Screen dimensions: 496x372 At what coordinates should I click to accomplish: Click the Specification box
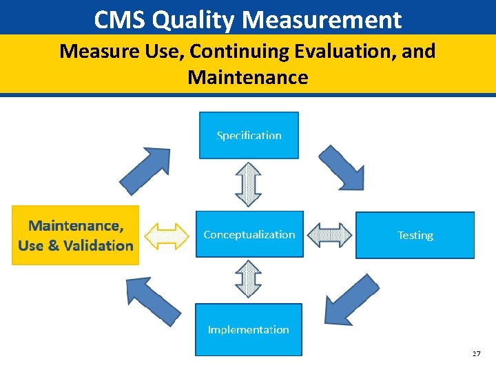(x=249, y=135)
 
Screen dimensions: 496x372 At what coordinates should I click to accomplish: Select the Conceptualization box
(x=249, y=234)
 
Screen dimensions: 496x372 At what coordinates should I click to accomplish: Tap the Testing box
(x=415, y=235)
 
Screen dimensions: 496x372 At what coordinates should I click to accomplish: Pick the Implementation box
(x=248, y=329)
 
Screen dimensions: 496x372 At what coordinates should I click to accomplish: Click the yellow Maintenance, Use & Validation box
(x=75, y=235)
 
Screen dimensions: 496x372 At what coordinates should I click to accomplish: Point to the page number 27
(x=477, y=353)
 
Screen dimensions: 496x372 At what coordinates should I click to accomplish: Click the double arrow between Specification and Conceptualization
(x=248, y=184)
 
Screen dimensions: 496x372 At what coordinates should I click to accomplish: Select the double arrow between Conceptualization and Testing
(x=329, y=235)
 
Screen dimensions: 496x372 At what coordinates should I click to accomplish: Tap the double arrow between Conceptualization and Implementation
(x=248, y=279)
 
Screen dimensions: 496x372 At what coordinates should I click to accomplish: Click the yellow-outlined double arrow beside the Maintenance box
(x=167, y=236)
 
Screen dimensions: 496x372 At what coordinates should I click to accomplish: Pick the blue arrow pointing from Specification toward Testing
(x=342, y=167)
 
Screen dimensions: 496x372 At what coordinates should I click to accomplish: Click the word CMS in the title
(x=119, y=20)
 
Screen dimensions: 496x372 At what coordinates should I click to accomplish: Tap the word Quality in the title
(x=194, y=20)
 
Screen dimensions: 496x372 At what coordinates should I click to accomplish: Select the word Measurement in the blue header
(x=322, y=20)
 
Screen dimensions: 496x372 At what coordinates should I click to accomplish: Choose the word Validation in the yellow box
(x=97, y=245)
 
